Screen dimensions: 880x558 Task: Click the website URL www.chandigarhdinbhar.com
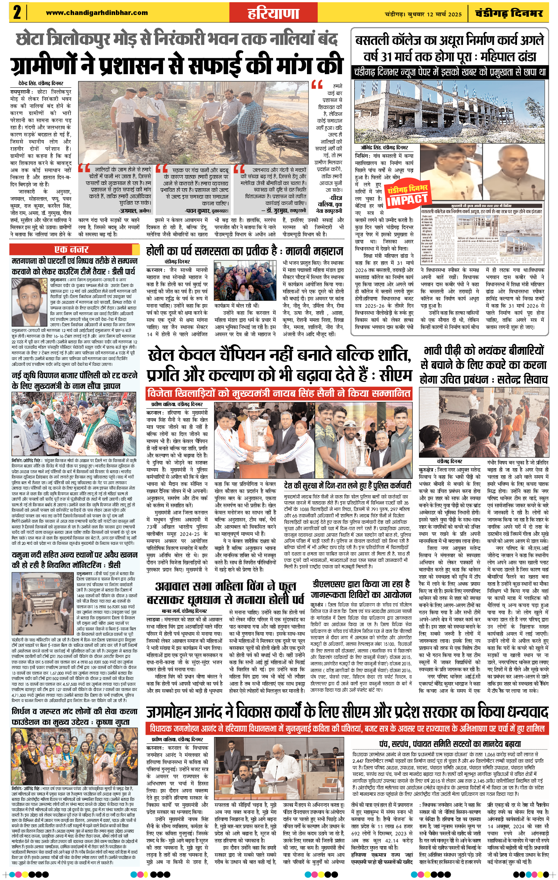[97, 13]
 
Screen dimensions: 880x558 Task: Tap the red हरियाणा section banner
[273, 14]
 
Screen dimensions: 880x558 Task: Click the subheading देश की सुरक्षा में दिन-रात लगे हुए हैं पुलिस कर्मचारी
[348, 486]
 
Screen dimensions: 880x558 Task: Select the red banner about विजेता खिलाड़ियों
[279, 394]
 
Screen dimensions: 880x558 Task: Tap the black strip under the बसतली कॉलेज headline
[450, 72]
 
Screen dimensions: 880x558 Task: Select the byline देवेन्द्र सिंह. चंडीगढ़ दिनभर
[41, 83]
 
